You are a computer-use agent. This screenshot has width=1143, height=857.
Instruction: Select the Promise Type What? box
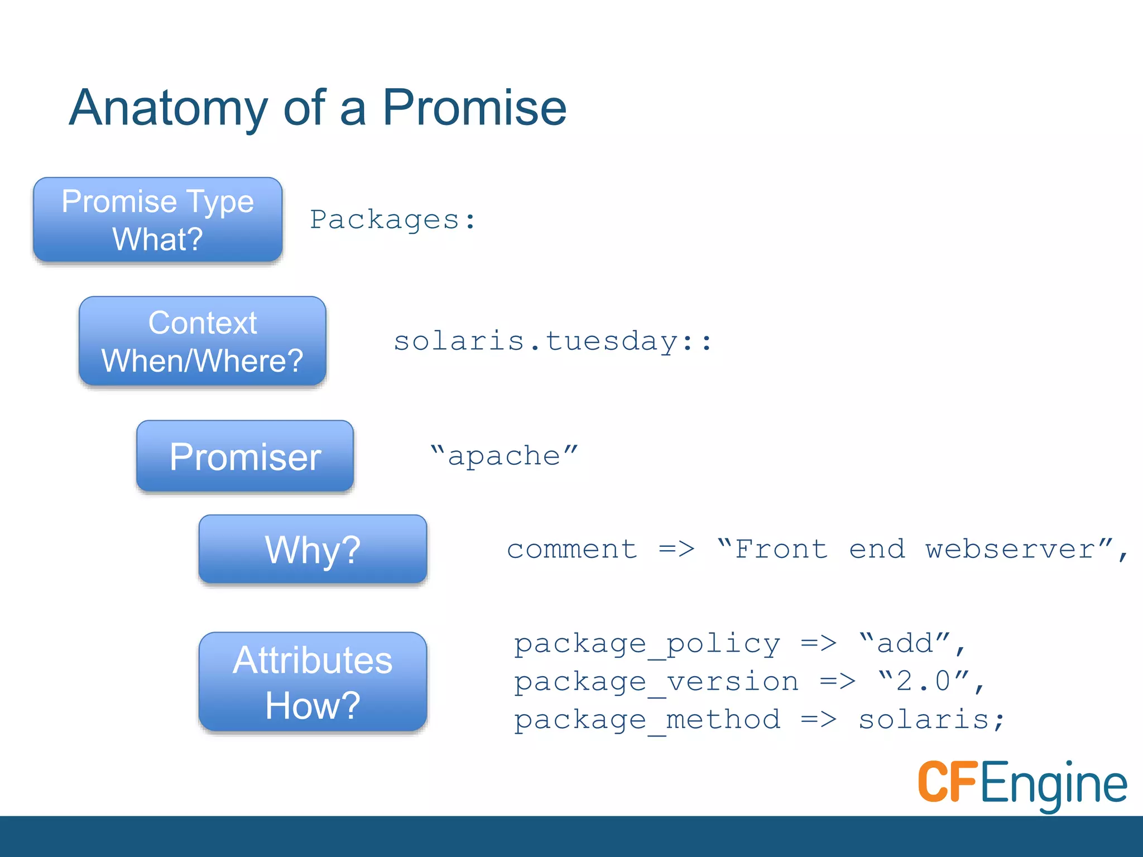(x=158, y=220)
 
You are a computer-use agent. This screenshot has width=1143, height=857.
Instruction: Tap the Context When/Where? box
(x=203, y=341)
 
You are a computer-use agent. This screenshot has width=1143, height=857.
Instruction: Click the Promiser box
(x=245, y=456)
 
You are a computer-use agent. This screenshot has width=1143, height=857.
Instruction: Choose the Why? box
(x=313, y=550)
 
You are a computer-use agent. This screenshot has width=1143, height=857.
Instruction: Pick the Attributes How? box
(x=313, y=682)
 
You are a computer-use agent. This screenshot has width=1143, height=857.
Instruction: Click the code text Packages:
(x=392, y=220)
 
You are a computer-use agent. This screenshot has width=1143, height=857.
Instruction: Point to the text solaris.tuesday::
(x=553, y=341)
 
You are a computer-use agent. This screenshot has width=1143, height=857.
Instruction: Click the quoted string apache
(x=504, y=456)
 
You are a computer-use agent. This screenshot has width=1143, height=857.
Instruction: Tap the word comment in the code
(x=571, y=550)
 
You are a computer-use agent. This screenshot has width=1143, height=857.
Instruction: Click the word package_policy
(x=647, y=644)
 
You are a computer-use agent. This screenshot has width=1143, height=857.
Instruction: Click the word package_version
(x=656, y=682)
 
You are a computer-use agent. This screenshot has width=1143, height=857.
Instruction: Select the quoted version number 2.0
(x=924, y=681)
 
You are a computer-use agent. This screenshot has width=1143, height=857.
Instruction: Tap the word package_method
(x=647, y=720)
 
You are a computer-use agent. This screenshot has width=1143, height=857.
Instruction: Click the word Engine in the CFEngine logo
(x=1053, y=784)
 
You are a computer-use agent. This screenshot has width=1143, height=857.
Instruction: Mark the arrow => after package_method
(x=819, y=720)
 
